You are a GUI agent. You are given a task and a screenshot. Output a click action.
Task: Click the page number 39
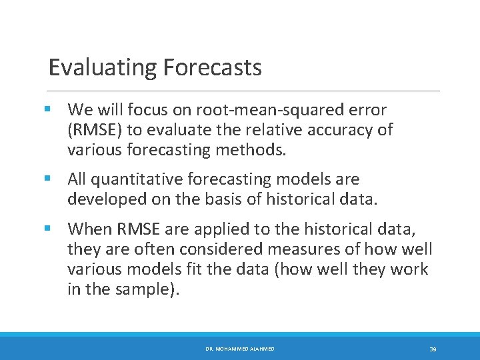pyautogui.click(x=433, y=349)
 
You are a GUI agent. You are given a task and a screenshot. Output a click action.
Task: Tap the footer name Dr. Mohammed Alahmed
pyautogui.click(x=239, y=349)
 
